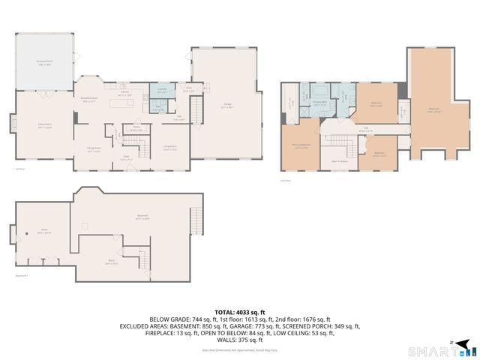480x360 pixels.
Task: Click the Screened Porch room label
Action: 44,62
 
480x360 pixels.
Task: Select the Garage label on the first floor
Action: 226,105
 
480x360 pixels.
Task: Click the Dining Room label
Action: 94,149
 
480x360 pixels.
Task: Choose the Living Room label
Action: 169,147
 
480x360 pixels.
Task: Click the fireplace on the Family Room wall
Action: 11,122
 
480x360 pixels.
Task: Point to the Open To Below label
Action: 339,160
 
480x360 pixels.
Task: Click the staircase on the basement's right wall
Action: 196,220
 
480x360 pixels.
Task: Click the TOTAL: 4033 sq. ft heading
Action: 240,311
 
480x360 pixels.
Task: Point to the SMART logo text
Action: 429,350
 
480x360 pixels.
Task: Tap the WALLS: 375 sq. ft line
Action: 240,340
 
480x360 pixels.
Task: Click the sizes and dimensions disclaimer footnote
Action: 240,349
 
